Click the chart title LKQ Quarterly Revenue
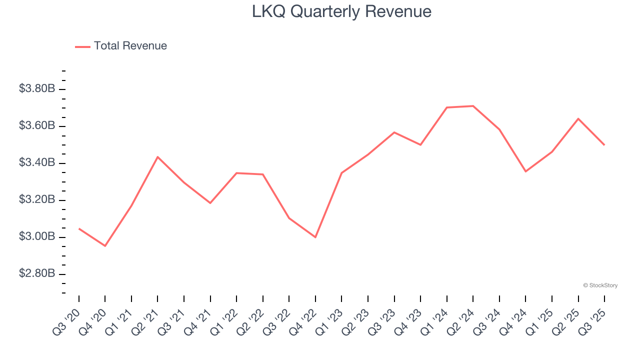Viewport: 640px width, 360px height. [x=341, y=11]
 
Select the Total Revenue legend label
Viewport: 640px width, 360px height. [x=130, y=46]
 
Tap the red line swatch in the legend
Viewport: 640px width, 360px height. [x=82, y=46]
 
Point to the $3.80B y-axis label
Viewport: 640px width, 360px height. [x=37, y=89]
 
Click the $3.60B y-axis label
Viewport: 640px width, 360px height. [x=37, y=125]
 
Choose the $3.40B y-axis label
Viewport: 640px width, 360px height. [x=37, y=162]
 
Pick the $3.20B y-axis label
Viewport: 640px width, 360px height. [x=37, y=199]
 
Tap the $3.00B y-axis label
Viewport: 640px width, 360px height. [x=37, y=236]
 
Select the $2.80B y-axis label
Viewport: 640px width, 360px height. [x=37, y=273]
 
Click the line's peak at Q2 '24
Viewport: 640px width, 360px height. [x=473, y=106]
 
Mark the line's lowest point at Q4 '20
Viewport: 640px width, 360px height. [x=105, y=246]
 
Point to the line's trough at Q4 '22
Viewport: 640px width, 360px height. [x=315, y=237]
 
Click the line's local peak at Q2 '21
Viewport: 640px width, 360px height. [x=157, y=157]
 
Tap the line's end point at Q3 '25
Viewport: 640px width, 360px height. [x=604, y=145]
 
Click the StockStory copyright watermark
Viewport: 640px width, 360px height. [x=600, y=285]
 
